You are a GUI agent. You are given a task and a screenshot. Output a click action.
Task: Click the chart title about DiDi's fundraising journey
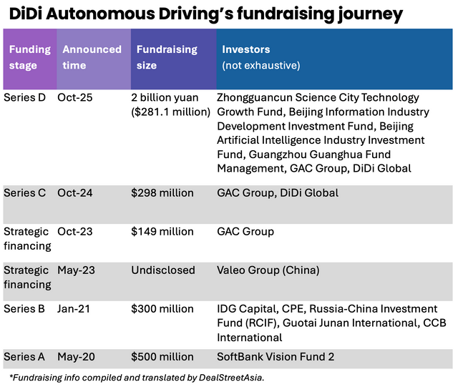click(x=205, y=14)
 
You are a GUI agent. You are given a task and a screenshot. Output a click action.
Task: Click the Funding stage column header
click(x=29, y=57)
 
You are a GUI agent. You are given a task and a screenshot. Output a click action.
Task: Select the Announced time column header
click(x=92, y=57)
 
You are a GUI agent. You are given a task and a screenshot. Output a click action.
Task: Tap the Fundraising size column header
click(x=167, y=57)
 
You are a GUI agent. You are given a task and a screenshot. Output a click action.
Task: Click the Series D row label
click(x=24, y=97)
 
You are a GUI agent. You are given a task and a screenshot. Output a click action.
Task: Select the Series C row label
click(x=24, y=193)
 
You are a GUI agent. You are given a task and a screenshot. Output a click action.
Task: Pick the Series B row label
click(x=24, y=309)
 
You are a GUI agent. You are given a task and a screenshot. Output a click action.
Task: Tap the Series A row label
click(x=24, y=356)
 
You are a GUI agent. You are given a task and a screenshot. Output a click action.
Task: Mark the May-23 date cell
click(x=75, y=270)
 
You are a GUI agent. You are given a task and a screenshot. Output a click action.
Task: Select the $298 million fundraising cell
click(x=162, y=193)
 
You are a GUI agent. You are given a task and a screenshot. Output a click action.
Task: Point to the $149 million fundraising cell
click(x=162, y=232)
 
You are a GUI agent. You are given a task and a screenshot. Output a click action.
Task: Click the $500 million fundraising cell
click(x=162, y=356)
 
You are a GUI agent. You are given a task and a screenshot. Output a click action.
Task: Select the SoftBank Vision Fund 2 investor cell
click(x=276, y=356)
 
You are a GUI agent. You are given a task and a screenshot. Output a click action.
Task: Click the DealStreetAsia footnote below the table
click(x=137, y=378)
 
